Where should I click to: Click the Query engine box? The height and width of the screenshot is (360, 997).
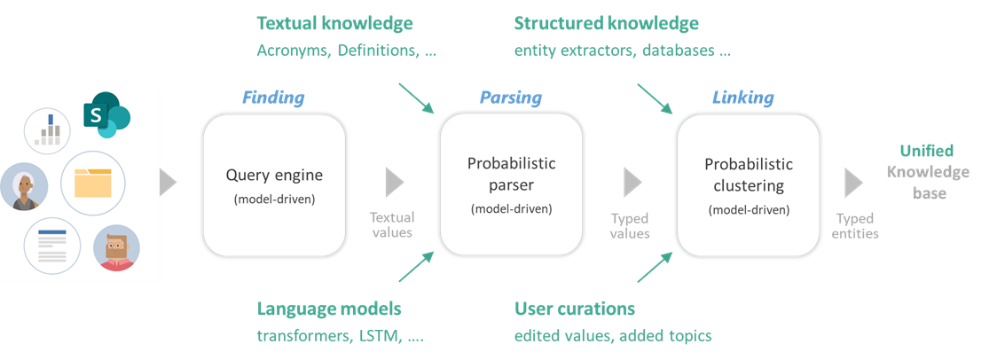click(273, 184)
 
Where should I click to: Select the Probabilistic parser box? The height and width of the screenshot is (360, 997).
click(511, 184)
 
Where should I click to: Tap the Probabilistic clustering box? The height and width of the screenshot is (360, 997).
click(749, 184)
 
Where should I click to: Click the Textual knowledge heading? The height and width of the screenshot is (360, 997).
click(334, 23)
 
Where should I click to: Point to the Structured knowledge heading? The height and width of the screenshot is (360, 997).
click(606, 23)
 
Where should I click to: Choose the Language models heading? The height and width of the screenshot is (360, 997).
click(328, 309)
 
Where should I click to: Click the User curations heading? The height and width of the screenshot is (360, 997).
click(574, 309)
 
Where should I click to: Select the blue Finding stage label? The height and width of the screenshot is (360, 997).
click(273, 98)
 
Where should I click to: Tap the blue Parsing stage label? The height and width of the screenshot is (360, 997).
click(511, 98)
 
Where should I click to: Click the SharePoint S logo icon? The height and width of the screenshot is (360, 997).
click(106, 116)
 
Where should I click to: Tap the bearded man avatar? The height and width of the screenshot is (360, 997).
click(116, 247)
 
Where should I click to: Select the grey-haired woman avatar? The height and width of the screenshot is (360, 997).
click(25, 186)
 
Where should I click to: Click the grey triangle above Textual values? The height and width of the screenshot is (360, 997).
click(394, 184)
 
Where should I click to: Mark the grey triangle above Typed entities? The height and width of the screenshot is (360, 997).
click(853, 184)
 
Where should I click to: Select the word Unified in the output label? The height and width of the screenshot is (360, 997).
click(927, 152)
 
